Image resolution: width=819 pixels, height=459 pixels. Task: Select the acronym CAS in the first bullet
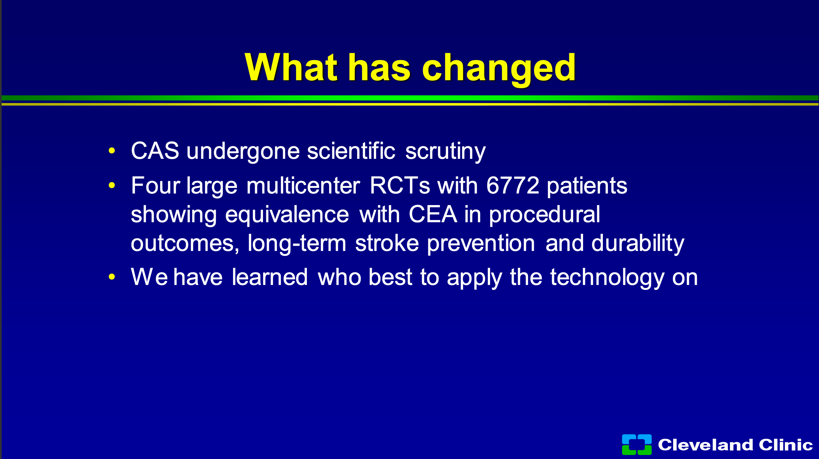(x=155, y=151)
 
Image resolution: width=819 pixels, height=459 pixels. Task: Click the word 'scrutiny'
(x=445, y=152)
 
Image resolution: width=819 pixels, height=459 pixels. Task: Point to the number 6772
(x=513, y=185)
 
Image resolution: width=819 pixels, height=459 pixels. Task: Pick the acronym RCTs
(x=400, y=185)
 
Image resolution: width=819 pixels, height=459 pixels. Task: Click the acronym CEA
(x=433, y=214)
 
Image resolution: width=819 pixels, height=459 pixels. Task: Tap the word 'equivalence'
(x=287, y=216)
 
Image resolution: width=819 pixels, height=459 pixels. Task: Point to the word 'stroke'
(x=387, y=243)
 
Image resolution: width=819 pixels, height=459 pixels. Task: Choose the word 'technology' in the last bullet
(x=607, y=278)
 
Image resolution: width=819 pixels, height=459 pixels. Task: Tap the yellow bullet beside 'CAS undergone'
(x=112, y=151)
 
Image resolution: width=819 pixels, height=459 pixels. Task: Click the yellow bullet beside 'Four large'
(x=112, y=185)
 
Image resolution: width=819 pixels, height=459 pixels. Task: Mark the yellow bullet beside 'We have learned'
(x=112, y=277)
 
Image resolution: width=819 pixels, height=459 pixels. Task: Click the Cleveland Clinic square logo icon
(x=637, y=444)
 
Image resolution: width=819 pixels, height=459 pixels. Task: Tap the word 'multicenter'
(x=303, y=185)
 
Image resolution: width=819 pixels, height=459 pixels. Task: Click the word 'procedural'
(x=545, y=216)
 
